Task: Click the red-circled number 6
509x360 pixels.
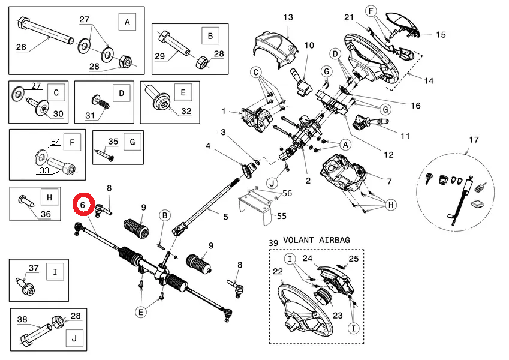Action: pos(83,205)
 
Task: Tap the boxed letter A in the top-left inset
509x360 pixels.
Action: pos(127,22)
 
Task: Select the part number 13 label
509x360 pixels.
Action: pos(288,17)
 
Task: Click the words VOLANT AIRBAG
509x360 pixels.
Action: pos(317,240)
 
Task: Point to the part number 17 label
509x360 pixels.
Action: pos(474,140)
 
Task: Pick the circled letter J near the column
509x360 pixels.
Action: pos(272,184)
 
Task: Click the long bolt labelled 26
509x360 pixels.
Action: pos(45,31)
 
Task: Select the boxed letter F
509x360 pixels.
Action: pos(72,142)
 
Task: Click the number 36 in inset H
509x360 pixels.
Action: pos(46,214)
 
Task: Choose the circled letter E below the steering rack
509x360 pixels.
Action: pos(140,312)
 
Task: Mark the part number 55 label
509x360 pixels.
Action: pos(281,216)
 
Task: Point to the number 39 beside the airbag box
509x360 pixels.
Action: pos(273,243)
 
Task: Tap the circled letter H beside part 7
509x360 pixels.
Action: pos(390,205)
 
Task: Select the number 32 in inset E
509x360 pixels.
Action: pos(186,111)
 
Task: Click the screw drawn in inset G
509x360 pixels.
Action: pos(104,155)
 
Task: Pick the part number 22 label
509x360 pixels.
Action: pos(278,271)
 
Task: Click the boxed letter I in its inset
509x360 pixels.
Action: pos(55,272)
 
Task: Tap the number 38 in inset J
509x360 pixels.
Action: pos(22,319)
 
